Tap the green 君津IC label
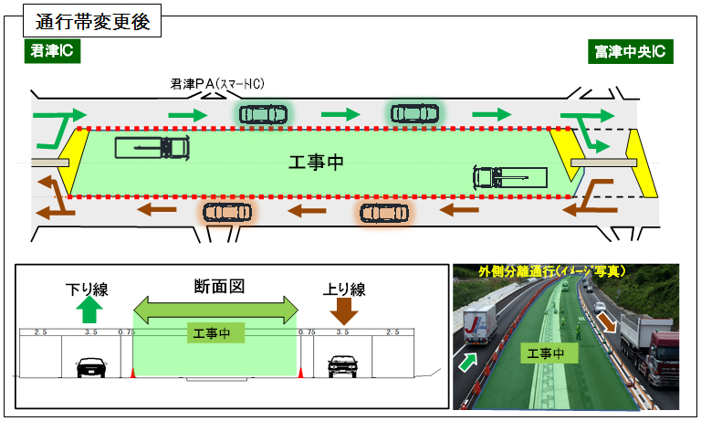click(x=52, y=52)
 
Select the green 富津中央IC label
click(x=630, y=52)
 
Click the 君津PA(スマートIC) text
click(x=217, y=85)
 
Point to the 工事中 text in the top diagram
click(x=316, y=163)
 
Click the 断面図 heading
click(x=218, y=286)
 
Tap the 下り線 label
click(x=87, y=289)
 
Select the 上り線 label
click(x=344, y=290)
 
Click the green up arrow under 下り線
click(x=88, y=311)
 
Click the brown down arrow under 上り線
click(x=344, y=312)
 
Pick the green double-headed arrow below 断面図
click(x=216, y=310)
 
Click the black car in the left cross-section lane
click(x=89, y=367)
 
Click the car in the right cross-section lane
click(x=343, y=367)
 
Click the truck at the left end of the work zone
click(x=152, y=147)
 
